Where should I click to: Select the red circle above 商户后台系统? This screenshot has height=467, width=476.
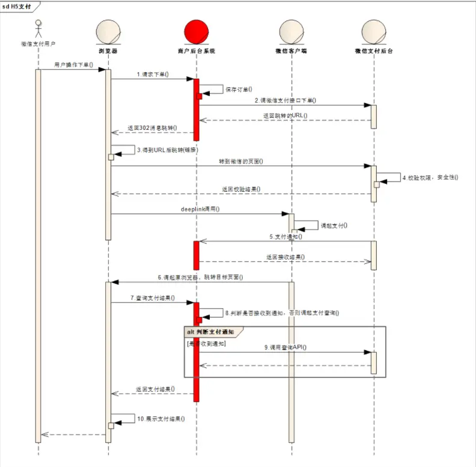(x=196, y=31)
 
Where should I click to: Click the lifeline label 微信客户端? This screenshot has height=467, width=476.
(x=291, y=52)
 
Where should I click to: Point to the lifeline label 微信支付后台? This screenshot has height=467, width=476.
(x=374, y=52)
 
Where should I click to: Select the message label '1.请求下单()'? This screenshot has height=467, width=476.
(x=152, y=75)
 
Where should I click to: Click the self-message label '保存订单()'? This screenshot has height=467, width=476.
(x=239, y=89)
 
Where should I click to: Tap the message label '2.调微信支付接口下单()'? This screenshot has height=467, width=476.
(x=285, y=100)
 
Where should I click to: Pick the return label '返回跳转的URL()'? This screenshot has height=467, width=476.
(x=285, y=115)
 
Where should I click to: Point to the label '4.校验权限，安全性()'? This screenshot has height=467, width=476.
(x=430, y=177)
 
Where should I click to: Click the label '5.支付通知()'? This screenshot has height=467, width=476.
(x=285, y=237)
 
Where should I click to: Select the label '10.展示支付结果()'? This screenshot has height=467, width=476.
(x=160, y=418)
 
